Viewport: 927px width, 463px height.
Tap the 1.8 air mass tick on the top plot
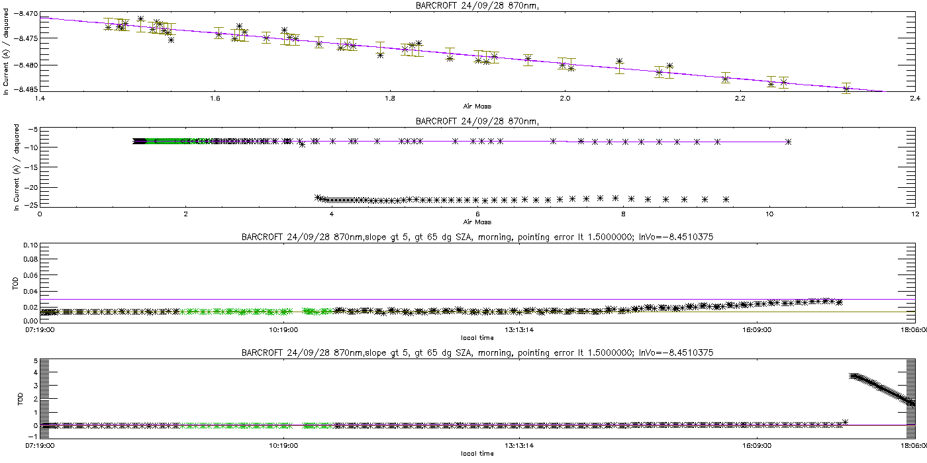pos(390,99)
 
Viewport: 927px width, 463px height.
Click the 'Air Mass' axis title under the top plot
pos(477,106)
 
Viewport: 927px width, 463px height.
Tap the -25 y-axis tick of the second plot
pos(30,205)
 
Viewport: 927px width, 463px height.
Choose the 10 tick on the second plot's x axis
pos(769,214)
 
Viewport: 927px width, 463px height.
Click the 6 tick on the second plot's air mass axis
pos(477,214)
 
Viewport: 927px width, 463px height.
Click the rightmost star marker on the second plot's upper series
pos(788,142)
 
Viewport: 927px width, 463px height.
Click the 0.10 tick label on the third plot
pos(30,245)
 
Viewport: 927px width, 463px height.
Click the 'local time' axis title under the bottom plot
pos(477,454)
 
